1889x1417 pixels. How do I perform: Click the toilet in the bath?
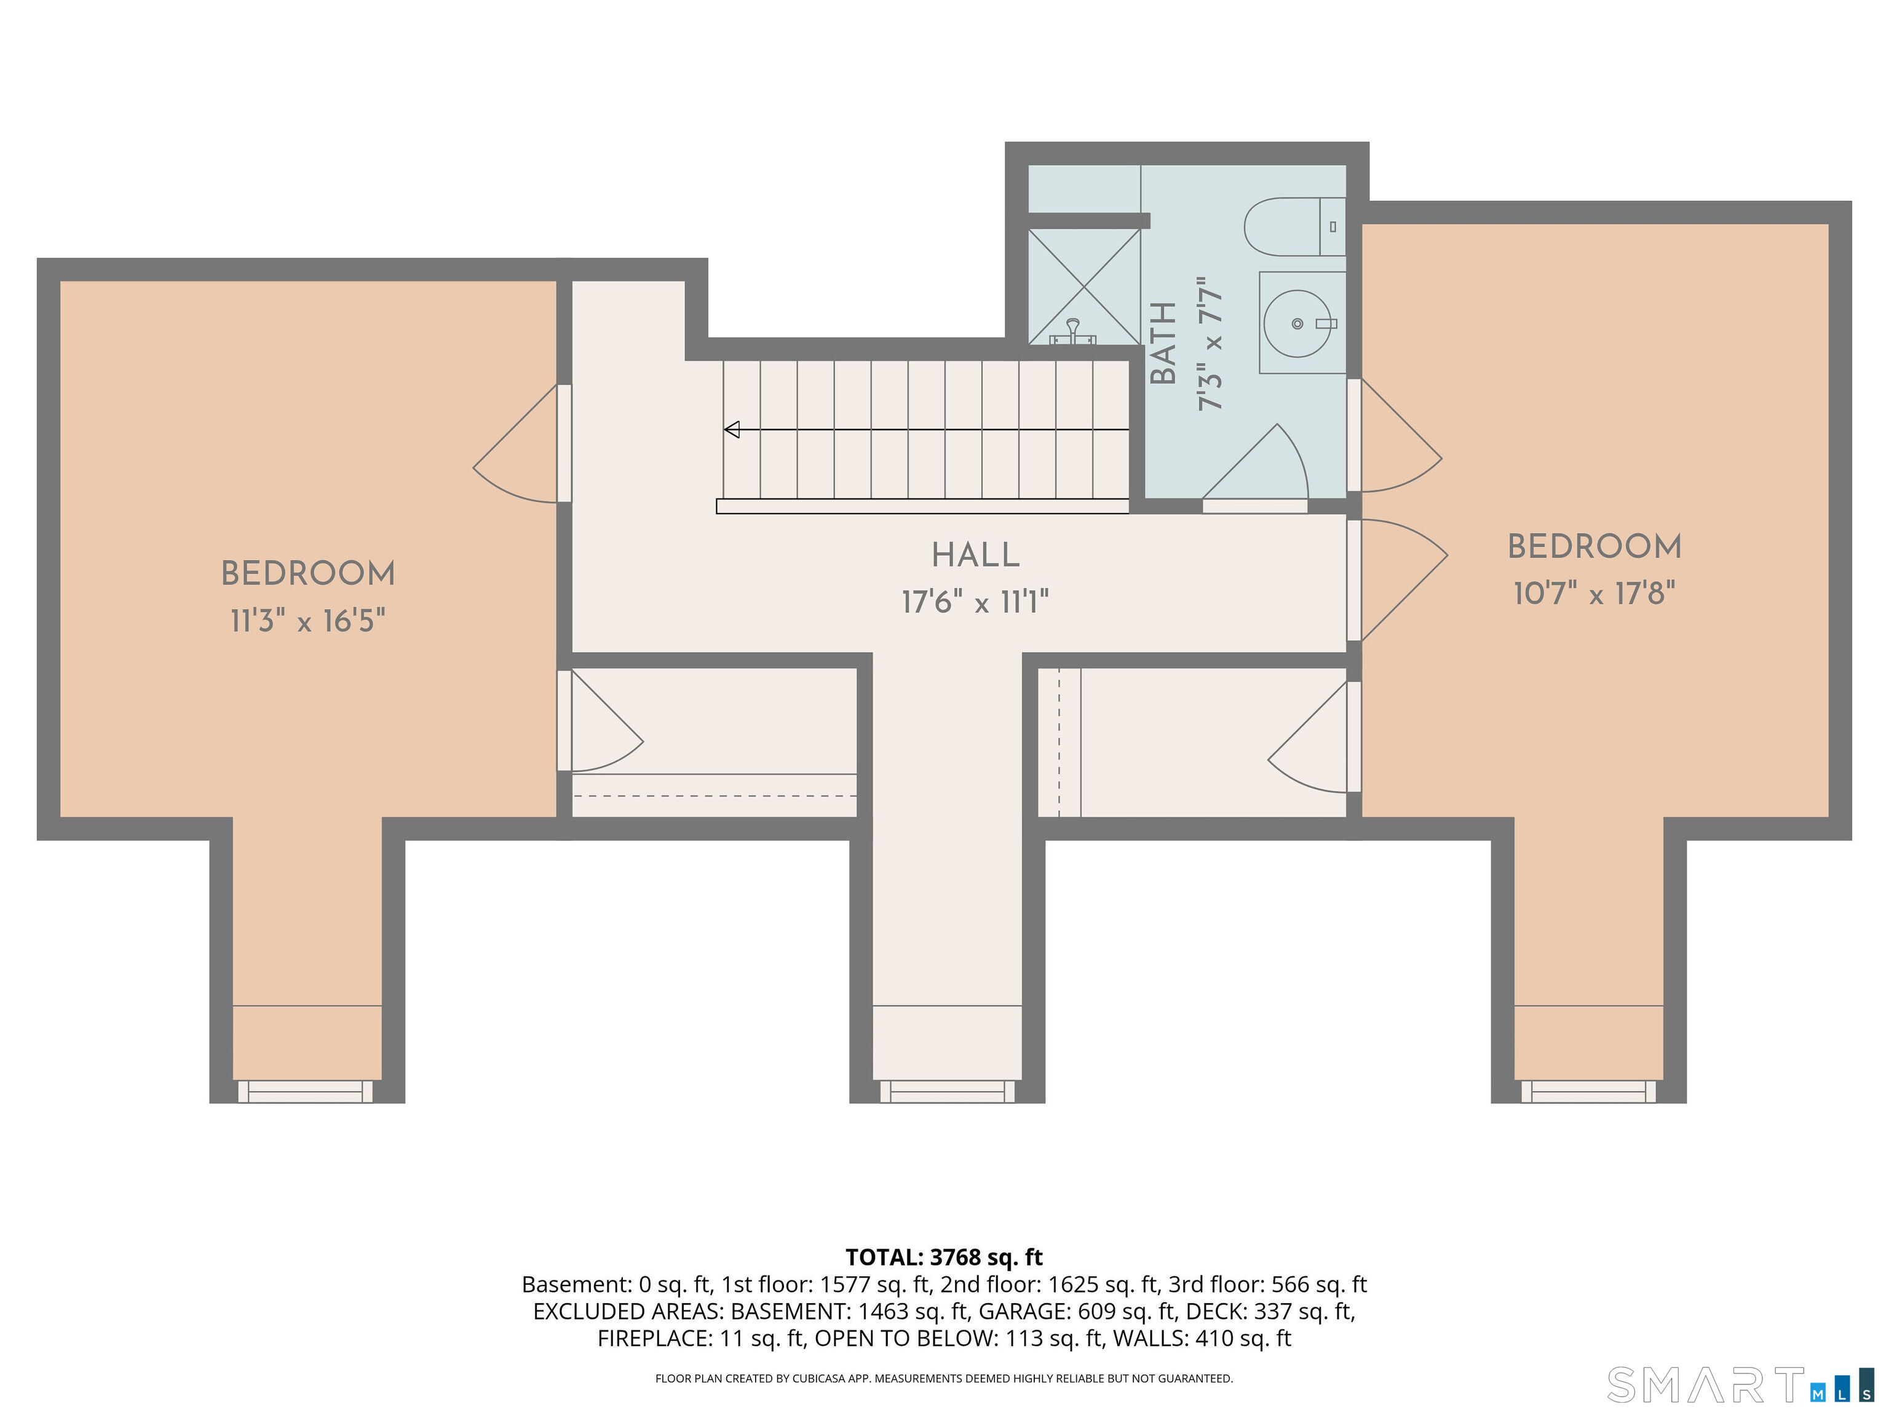[1291, 227]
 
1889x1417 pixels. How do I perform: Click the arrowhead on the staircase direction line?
[732, 430]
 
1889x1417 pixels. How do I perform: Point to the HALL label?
[975, 556]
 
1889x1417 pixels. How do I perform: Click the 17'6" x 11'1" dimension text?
[975, 602]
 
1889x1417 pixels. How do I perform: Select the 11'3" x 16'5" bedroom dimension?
[307, 621]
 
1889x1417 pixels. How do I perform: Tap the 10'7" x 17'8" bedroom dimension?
[1593, 593]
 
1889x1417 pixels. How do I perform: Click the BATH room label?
[1164, 343]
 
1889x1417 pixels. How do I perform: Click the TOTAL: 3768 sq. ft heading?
[944, 1257]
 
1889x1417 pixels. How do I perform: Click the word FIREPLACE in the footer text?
[652, 1338]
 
